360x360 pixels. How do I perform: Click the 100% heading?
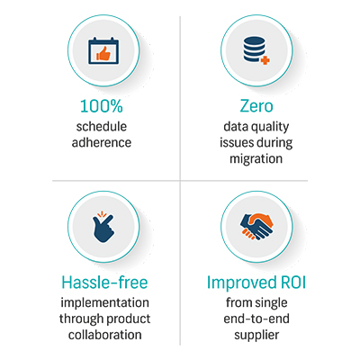102,106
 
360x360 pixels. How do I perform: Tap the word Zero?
256,106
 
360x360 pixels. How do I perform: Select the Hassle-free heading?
104,283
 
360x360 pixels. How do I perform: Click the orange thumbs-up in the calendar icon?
103,54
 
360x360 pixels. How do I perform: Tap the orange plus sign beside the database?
265,60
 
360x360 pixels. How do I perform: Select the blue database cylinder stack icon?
254,49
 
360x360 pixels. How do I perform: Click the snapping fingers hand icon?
103,227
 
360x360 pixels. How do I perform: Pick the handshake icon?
256,227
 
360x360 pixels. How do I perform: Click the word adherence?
102,142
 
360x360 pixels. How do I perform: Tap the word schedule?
102,126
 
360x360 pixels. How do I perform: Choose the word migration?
256,159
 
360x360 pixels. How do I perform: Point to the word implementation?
104,303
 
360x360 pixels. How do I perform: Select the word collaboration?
104,335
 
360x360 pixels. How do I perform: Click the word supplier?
256,336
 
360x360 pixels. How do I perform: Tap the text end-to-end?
256,319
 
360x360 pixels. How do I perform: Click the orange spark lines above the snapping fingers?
102,214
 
